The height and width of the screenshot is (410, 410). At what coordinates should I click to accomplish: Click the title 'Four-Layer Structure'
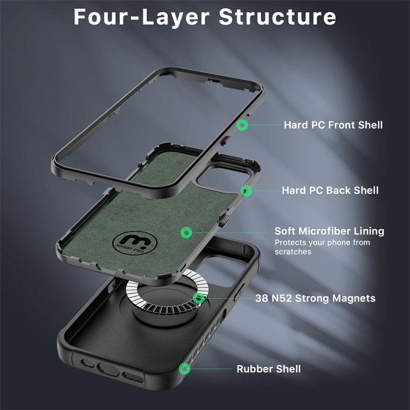click(204, 17)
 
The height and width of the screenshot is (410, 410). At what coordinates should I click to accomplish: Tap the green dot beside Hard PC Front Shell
click(242, 125)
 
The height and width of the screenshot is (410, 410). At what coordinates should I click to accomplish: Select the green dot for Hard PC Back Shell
click(246, 191)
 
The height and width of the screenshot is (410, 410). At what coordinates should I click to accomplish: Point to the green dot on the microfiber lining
click(187, 232)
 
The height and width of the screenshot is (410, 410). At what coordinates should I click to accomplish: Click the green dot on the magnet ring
click(198, 298)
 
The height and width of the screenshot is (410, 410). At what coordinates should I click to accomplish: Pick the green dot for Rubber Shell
click(184, 368)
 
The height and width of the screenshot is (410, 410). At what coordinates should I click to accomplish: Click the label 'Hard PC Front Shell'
click(333, 125)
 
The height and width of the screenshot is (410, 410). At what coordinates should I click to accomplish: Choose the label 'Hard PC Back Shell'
click(330, 190)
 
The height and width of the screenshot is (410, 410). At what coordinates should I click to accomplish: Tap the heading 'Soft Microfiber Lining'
click(329, 231)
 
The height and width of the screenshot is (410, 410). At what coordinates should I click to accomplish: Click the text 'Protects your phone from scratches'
click(322, 247)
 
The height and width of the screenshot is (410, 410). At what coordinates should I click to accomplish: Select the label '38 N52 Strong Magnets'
click(315, 298)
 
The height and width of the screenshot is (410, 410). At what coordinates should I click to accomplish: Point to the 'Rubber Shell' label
click(269, 369)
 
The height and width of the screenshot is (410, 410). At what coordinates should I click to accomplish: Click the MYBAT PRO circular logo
click(135, 243)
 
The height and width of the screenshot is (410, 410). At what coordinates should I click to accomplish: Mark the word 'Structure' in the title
click(277, 17)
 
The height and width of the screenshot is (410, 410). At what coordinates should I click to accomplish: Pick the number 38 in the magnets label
click(261, 298)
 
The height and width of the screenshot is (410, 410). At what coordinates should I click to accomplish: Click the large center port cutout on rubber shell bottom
click(108, 369)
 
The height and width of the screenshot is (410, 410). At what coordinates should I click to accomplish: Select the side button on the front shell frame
click(225, 140)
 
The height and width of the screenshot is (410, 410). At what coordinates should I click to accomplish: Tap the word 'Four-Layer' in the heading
click(141, 17)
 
